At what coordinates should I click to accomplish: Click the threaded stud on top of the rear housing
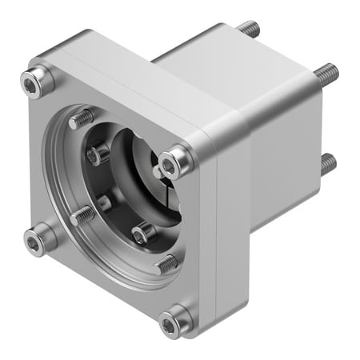pos(247,30)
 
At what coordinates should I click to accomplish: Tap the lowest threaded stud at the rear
pos(327,165)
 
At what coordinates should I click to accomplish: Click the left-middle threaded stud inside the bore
pos(82,214)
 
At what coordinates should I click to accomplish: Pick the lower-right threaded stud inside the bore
pos(166,262)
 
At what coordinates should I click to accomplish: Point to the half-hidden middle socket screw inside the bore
pos(104,202)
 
